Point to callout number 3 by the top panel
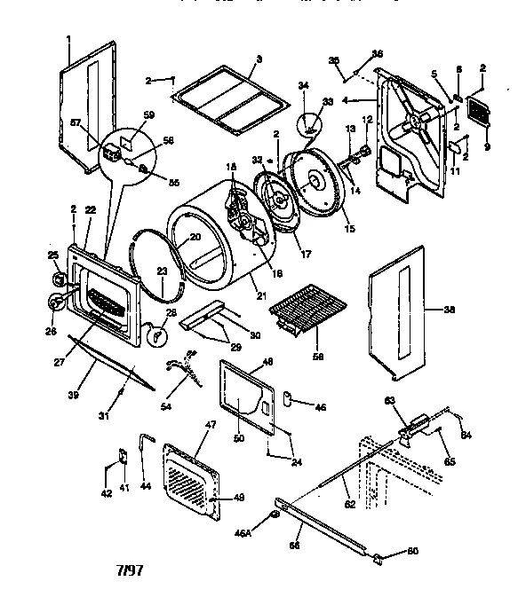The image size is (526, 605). pyautogui.click(x=258, y=59)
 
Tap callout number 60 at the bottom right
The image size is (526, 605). pyautogui.click(x=412, y=552)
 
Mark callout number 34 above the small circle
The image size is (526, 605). pyautogui.click(x=303, y=86)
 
